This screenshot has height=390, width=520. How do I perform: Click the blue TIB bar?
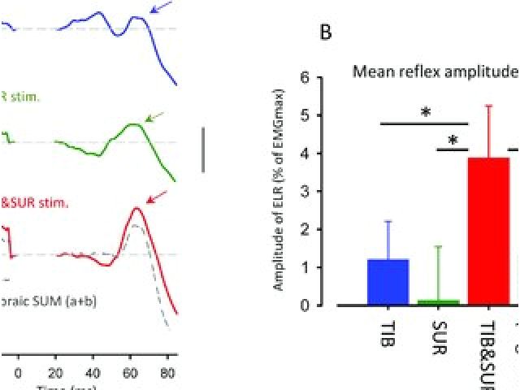coord(388,282)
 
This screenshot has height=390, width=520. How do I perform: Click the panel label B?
coord(326,32)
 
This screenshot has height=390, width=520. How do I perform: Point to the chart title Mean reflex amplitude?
coord(435,71)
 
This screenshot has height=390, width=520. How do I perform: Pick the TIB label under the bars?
coord(388,333)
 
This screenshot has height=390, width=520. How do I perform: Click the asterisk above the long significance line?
coord(425,113)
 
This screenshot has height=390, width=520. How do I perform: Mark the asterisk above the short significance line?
coord(453,140)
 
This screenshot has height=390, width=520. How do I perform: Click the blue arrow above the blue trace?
coord(162,9)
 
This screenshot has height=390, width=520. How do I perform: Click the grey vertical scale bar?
coord(203,149)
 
